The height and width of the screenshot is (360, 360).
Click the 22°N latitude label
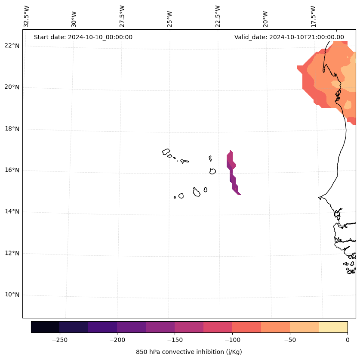tap(12, 46)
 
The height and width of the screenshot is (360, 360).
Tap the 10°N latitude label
tap(12, 295)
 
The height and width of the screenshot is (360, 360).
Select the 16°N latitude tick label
tap(12, 170)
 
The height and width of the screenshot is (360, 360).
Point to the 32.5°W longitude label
tap(27, 16)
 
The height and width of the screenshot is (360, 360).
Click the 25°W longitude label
tap(169, 19)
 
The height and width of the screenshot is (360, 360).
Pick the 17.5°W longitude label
tap(313, 16)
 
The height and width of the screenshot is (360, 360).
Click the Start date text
tap(83, 37)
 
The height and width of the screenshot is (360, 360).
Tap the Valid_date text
tap(289, 37)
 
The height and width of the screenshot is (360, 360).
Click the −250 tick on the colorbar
tap(59, 339)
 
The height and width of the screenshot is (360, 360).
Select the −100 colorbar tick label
tap(232, 339)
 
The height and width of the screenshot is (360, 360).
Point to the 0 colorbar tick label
tap(347, 339)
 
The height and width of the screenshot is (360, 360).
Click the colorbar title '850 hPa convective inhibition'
tap(189, 352)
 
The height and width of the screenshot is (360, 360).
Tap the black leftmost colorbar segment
tap(45, 327)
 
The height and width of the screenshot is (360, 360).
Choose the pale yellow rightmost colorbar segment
tap(333, 327)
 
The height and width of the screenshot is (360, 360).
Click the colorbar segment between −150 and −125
tap(189, 327)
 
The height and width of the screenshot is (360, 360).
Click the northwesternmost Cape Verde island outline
tap(166, 152)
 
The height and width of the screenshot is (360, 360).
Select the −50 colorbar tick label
tap(290, 339)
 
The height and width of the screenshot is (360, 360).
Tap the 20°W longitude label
tap(265, 19)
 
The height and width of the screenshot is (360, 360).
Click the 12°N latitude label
tap(12, 253)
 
